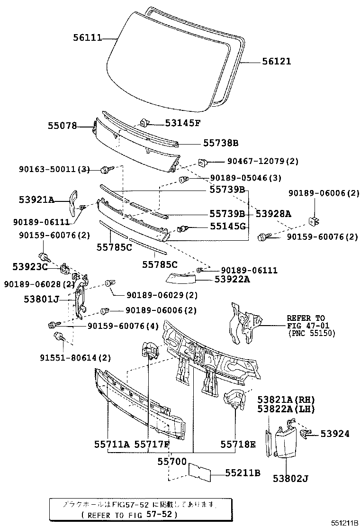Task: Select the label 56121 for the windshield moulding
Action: [277, 61]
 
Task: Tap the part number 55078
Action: [62, 126]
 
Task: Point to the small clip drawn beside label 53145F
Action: [146, 122]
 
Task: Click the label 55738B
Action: [221, 143]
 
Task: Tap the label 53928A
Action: [273, 214]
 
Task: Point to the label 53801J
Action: [41, 299]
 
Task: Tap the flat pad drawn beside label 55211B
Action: [200, 472]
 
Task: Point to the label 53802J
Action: [290, 478]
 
